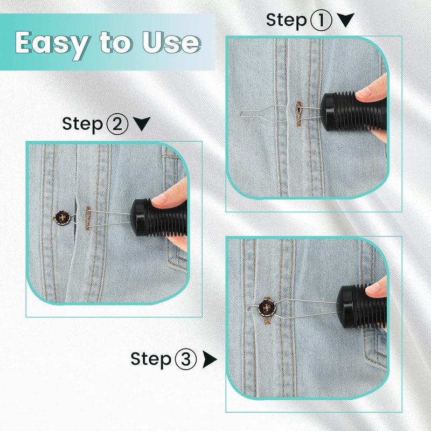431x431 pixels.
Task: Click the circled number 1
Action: coord(322,20)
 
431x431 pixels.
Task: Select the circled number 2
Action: coord(117,124)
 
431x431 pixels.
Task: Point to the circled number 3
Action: coord(186,359)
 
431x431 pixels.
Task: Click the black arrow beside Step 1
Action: coord(345,20)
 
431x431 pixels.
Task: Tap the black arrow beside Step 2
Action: coord(141,124)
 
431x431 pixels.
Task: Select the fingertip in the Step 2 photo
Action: coord(164,199)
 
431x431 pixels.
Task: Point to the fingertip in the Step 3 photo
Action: coord(377,288)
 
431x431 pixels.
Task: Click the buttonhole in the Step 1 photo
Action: coord(297,113)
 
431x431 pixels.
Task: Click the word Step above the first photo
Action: coord(286,20)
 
